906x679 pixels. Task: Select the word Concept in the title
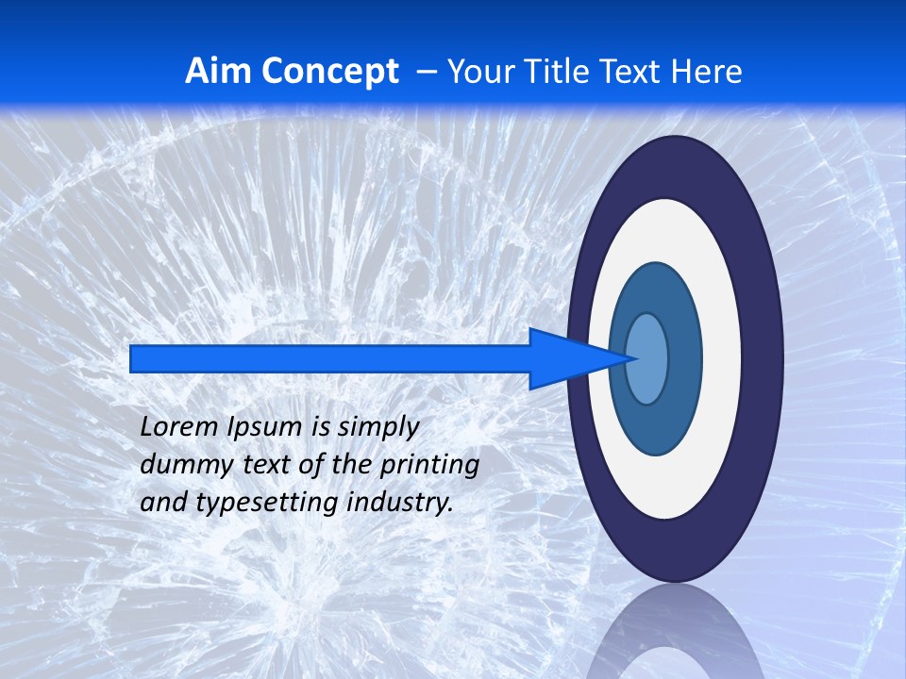[x=329, y=71]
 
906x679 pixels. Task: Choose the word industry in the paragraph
[x=400, y=504]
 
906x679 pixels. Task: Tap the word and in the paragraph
[x=163, y=502]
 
